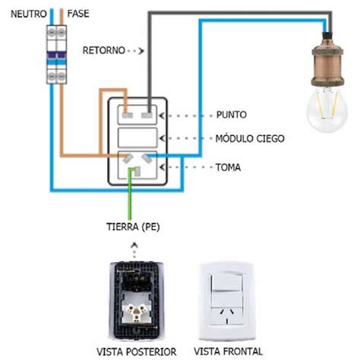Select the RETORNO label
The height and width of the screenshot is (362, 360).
102,51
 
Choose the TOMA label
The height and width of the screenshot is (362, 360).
229,165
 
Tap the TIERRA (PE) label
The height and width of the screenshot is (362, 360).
133,226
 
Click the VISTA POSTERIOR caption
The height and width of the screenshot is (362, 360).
137,352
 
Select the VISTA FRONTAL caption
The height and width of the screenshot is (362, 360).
228,352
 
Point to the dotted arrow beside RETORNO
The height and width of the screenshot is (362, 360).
136,51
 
